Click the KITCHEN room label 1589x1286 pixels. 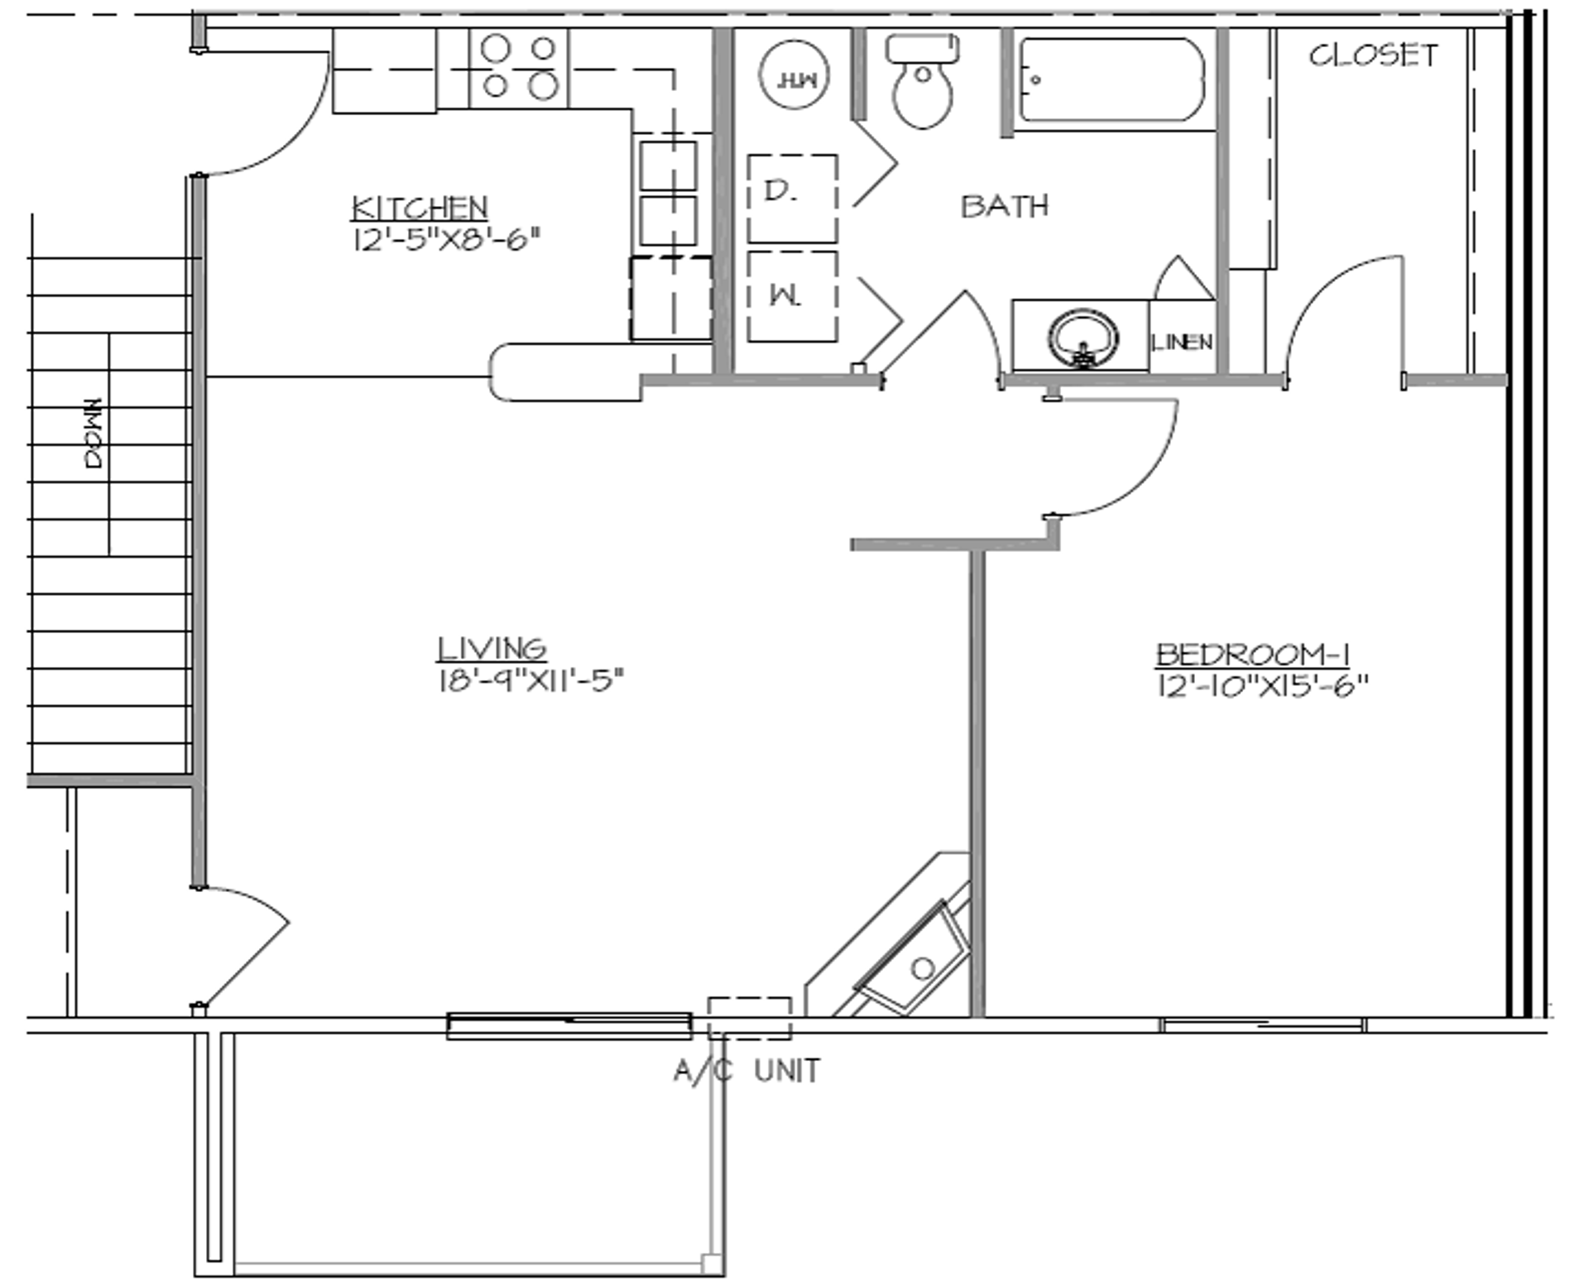[x=420, y=207]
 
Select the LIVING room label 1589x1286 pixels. [x=492, y=648]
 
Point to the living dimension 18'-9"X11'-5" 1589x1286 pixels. [x=530, y=681]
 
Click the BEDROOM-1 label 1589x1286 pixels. [x=1253, y=655]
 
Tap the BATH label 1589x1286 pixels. [x=1004, y=205]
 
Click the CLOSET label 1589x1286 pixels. [x=1373, y=55]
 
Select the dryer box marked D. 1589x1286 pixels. [x=792, y=199]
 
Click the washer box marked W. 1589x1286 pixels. [x=792, y=296]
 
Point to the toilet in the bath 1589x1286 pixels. [x=923, y=83]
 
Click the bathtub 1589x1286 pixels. [x=1111, y=80]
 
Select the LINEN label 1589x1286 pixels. [x=1182, y=342]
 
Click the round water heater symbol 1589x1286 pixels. [x=794, y=78]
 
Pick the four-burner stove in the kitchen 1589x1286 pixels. [x=519, y=68]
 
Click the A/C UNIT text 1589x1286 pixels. [x=746, y=1071]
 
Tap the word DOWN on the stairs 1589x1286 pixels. [x=94, y=433]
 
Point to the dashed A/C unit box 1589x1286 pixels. [x=749, y=1018]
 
